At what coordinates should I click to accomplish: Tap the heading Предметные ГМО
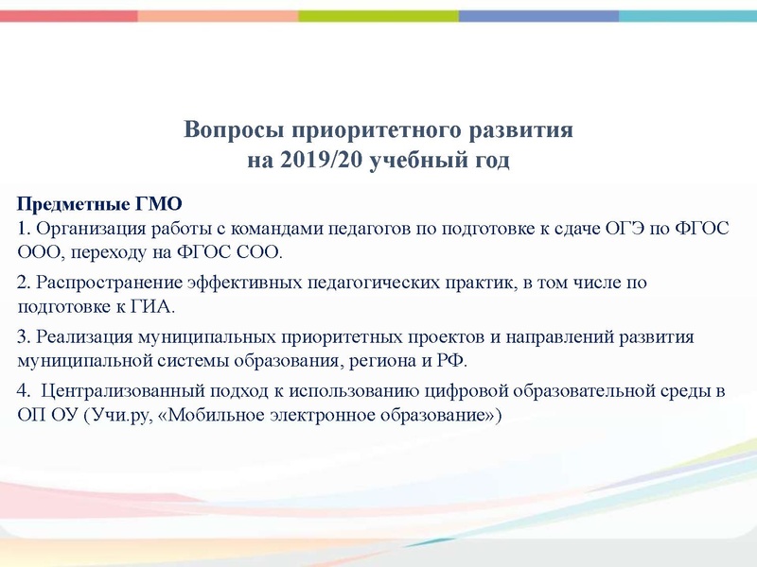99,203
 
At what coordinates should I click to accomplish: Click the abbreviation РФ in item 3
451,361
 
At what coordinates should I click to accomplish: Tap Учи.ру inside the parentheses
114,416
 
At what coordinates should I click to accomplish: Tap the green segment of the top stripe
378,16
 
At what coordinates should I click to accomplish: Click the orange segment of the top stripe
218,16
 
